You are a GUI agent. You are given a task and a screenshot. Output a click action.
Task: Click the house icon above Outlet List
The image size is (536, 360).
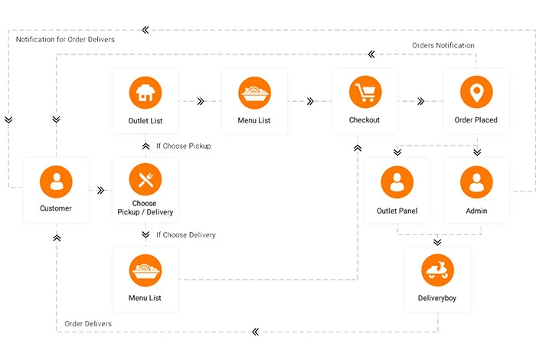(145, 93)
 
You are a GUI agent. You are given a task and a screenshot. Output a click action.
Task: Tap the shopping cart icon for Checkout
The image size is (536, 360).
(365, 92)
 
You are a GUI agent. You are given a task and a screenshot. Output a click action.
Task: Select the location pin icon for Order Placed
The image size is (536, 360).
(476, 92)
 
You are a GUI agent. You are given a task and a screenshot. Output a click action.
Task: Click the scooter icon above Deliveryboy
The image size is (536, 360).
(437, 270)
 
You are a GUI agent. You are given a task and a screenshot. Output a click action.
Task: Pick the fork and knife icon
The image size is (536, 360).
(145, 179)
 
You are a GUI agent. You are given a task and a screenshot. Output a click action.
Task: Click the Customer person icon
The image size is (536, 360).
(56, 182)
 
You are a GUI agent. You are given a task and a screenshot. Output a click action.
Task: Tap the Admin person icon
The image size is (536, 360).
(476, 182)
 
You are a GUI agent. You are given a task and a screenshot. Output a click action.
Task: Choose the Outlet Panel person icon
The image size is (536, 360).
(397, 182)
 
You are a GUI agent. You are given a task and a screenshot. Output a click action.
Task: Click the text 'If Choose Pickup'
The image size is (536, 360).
(184, 146)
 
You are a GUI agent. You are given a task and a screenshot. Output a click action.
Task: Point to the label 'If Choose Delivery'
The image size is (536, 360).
(186, 235)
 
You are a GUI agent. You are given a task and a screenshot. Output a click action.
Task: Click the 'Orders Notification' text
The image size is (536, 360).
(443, 45)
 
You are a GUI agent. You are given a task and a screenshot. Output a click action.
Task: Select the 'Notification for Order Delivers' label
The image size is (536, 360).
(65, 39)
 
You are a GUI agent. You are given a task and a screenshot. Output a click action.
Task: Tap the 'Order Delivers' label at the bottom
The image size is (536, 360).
(88, 324)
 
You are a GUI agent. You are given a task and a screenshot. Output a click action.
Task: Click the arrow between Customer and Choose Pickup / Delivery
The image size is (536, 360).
(100, 190)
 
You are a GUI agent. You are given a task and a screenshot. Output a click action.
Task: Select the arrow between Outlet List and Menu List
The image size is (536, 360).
(201, 101)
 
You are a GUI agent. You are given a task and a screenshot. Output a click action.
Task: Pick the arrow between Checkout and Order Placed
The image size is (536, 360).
(421, 101)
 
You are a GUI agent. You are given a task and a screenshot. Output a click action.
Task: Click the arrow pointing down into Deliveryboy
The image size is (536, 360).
(437, 242)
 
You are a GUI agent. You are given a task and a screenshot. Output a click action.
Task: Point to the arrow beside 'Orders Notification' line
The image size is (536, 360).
(371, 54)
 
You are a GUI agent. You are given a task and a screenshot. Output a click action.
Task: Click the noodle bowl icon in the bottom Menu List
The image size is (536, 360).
(145, 270)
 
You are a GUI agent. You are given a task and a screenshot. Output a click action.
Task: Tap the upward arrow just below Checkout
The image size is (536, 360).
(358, 148)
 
